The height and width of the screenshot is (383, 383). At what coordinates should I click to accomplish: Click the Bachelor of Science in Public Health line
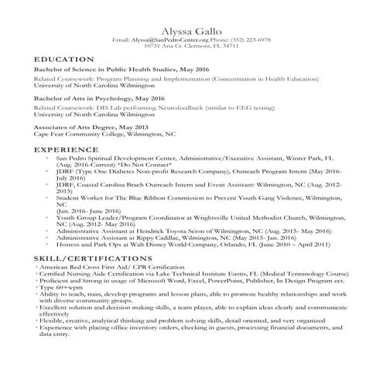coord(111,69)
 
